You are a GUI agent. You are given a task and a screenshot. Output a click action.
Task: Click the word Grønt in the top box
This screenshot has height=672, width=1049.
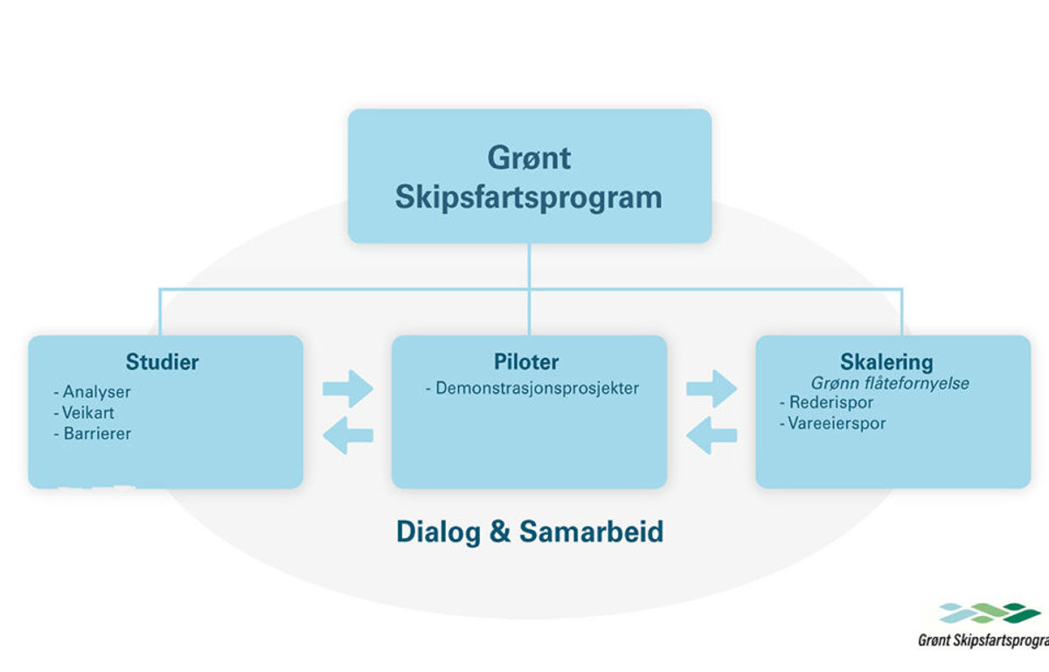[x=529, y=157]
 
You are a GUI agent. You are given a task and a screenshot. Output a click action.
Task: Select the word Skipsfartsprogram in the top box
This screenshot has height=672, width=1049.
[x=529, y=198]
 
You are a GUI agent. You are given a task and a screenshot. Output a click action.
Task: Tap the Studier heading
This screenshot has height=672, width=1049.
[x=162, y=361]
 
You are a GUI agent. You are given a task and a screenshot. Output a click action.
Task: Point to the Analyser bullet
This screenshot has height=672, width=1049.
[x=93, y=392]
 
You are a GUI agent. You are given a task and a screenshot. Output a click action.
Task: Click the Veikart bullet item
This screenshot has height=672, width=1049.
[x=84, y=413]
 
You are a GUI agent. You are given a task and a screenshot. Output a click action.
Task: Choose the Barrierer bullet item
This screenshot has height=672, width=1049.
[x=93, y=433]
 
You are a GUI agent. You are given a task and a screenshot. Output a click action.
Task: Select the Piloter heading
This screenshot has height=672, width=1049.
[x=526, y=361]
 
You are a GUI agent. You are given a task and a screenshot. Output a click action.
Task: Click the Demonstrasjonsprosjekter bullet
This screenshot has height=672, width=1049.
[x=532, y=388]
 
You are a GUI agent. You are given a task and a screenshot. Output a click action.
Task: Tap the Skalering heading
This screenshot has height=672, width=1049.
[x=886, y=362]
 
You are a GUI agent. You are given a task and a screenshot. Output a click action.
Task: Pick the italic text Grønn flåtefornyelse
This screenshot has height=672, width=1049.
[x=890, y=383]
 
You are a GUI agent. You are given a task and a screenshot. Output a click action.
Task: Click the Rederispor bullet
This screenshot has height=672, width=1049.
[x=827, y=402]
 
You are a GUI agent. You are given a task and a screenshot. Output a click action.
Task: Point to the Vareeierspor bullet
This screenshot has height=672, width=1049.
[x=832, y=423]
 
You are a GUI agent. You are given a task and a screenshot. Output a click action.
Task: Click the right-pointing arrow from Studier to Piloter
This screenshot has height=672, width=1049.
[x=348, y=388]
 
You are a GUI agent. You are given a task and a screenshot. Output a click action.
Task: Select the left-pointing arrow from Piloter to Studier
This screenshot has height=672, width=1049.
[x=348, y=436]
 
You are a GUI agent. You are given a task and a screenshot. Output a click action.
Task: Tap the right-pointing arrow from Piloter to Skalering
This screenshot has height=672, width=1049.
[x=712, y=388]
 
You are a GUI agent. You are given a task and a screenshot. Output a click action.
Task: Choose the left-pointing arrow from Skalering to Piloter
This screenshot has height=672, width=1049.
[x=712, y=436]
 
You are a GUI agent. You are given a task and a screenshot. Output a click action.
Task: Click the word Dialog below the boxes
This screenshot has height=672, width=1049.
[x=438, y=532]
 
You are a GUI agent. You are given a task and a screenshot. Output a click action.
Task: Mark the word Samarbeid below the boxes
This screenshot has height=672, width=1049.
[x=592, y=531]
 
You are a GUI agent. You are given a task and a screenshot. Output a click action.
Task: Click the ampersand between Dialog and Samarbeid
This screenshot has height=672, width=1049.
[x=500, y=531]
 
